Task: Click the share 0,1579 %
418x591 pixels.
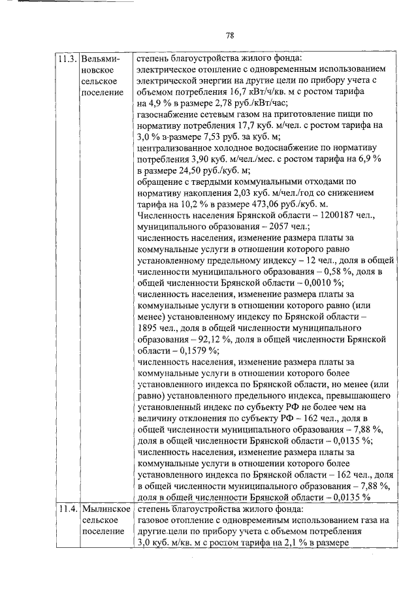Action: click(189, 349)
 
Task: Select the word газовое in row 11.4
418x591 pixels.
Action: click(155, 520)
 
